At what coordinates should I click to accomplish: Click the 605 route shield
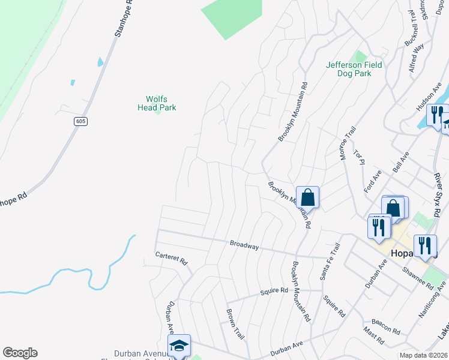pos(81,121)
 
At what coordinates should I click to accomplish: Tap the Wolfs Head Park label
pos(157,103)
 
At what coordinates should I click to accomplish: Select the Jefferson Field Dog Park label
pos(357,69)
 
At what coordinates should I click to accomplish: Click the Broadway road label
pos(244,245)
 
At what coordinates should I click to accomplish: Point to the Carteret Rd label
pos(172,258)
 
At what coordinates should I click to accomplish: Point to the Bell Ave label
pos(400,163)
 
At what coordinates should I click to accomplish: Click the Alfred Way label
pos(417,58)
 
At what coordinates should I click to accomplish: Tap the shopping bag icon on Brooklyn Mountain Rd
pos(307,196)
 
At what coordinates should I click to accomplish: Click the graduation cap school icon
pos(179,345)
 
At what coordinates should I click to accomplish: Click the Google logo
pos(20,353)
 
